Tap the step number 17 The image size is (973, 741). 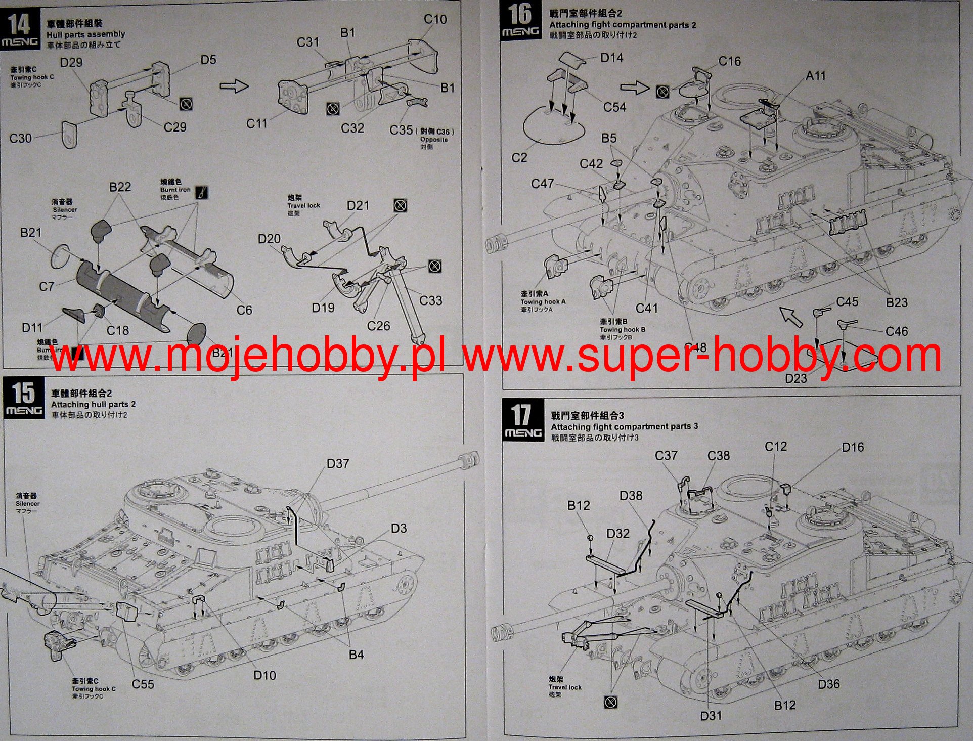(x=521, y=414)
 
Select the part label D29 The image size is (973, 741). (x=71, y=62)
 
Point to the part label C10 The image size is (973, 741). (x=435, y=19)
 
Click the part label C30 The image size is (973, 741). (x=20, y=138)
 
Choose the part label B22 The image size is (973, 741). (x=120, y=187)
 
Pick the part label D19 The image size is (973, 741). (x=323, y=308)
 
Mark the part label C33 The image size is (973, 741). (x=430, y=300)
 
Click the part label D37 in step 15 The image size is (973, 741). (x=338, y=463)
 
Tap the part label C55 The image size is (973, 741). (x=143, y=684)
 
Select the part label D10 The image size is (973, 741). (x=264, y=675)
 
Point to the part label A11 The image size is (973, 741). (x=815, y=76)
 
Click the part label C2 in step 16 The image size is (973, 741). (x=519, y=158)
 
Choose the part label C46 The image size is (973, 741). (x=897, y=331)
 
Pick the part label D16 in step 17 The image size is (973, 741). (x=853, y=447)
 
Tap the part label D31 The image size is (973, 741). (x=711, y=715)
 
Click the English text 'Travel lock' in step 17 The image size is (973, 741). (x=565, y=687)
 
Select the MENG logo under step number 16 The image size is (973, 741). (x=520, y=32)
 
